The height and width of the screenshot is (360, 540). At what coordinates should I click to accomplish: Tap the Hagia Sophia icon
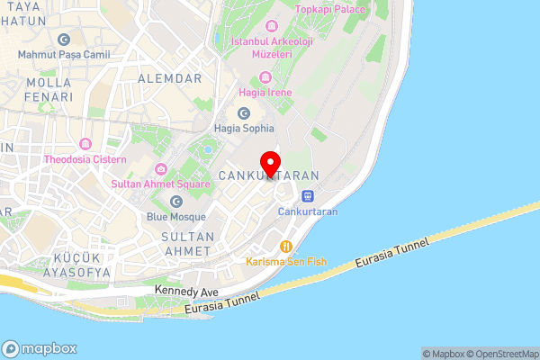[244, 113]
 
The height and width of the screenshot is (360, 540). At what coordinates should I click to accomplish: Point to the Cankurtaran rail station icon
[308, 196]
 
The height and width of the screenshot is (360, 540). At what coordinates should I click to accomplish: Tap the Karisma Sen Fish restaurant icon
[287, 246]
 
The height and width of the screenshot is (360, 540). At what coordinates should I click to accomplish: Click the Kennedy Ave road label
[187, 292]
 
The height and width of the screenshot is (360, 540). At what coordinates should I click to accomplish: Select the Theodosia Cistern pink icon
[85, 144]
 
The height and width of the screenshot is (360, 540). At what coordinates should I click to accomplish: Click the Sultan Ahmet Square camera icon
[160, 168]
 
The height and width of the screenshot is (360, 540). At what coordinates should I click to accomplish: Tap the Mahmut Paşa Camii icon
[63, 40]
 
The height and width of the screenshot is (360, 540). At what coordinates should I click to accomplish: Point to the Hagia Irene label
[260, 92]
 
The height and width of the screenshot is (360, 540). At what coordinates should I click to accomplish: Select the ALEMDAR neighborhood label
[169, 79]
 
